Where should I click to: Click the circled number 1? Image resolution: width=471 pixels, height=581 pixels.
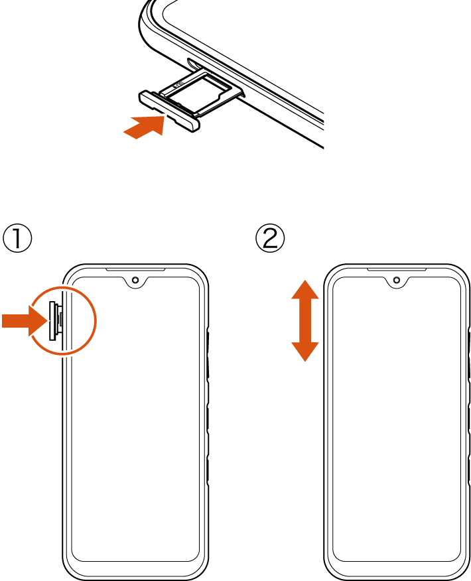[17, 239]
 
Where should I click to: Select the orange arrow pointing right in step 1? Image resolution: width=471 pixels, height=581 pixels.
[25, 320]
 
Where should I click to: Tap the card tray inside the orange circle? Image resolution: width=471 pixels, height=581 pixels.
[55, 320]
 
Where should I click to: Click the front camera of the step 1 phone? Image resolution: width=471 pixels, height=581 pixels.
[135, 279]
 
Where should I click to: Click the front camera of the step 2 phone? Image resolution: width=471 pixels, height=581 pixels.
[397, 279]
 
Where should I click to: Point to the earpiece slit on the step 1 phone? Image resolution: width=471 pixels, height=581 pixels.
[135, 269]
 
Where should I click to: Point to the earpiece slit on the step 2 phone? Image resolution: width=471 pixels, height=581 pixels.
[397, 269]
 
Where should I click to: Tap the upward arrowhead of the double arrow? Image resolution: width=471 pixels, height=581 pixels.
[305, 290]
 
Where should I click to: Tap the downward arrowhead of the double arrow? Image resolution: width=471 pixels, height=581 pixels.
[305, 352]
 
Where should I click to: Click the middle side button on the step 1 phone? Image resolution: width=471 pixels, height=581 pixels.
[208, 419]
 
